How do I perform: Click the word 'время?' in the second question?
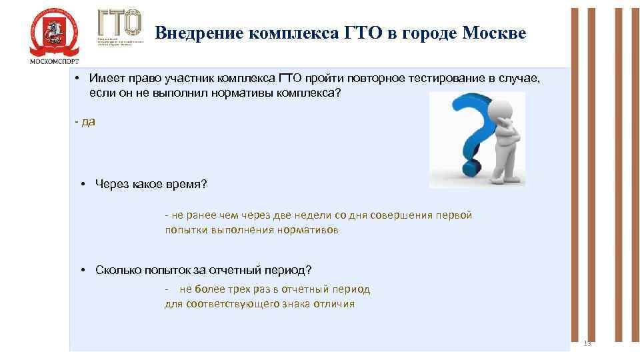(x=189, y=184)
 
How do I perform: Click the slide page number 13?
(x=587, y=343)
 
